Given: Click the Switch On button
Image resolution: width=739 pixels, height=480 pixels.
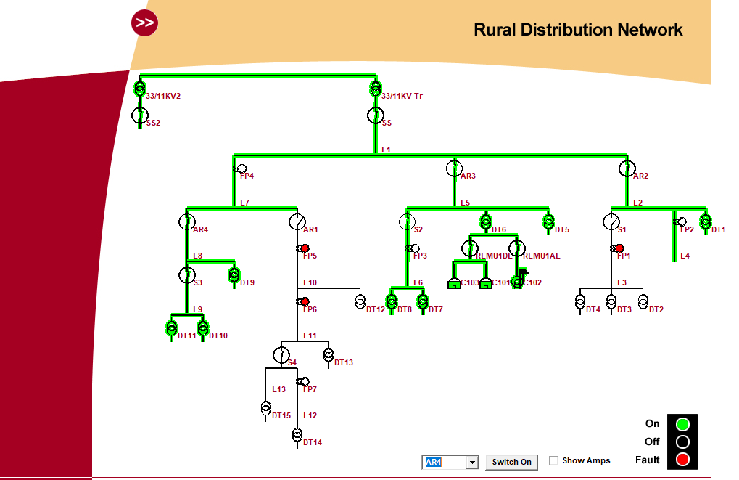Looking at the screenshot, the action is pyautogui.click(x=511, y=462).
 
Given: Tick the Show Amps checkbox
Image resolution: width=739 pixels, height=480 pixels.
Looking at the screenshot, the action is pyautogui.click(x=553, y=460).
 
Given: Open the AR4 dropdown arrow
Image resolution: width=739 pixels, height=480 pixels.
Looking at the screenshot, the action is pyautogui.click(x=472, y=462).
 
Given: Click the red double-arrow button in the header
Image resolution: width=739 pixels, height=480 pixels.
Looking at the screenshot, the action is pyautogui.click(x=145, y=23).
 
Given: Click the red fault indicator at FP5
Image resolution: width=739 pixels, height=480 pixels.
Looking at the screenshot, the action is pyautogui.click(x=305, y=248).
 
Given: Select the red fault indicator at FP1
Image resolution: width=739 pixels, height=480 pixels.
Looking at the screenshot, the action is pyautogui.click(x=620, y=248).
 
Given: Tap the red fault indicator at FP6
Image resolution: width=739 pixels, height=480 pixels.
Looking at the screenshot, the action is pyautogui.click(x=305, y=301).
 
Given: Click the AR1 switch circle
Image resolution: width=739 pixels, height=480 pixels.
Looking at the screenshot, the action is pyautogui.click(x=297, y=221).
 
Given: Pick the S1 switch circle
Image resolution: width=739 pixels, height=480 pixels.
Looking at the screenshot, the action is pyautogui.click(x=611, y=221).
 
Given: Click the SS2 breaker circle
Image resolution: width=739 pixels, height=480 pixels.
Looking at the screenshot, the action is pyautogui.click(x=139, y=115).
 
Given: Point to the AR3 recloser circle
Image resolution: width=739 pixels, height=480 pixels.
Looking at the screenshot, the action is pyautogui.click(x=454, y=168).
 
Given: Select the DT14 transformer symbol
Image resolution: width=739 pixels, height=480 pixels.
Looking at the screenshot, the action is pyautogui.click(x=297, y=435).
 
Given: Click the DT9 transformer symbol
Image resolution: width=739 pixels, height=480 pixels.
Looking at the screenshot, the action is pyautogui.click(x=234, y=274).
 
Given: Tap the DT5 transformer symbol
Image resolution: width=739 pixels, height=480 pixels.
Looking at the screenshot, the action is pyautogui.click(x=548, y=221).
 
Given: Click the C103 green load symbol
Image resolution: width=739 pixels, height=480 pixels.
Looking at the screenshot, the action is pyautogui.click(x=454, y=283).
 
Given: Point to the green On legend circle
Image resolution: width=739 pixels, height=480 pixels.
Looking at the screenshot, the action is pyautogui.click(x=682, y=424).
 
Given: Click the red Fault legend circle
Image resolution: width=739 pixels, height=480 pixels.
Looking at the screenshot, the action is pyautogui.click(x=682, y=459).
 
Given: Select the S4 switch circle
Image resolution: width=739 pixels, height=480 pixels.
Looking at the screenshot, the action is pyautogui.click(x=281, y=354).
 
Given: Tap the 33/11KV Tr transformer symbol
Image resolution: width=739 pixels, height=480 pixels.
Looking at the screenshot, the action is pyautogui.click(x=376, y=89).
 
